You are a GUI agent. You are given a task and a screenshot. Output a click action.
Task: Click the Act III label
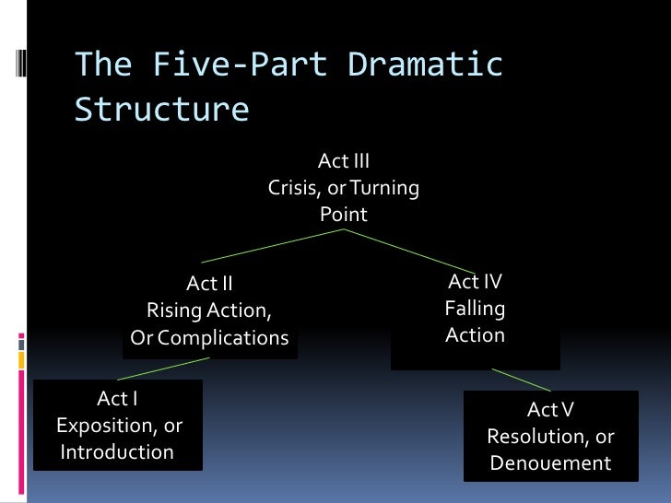point(344,161)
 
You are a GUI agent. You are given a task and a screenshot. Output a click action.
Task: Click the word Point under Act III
point(344,215)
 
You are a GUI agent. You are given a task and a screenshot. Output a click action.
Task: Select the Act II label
point(210,284)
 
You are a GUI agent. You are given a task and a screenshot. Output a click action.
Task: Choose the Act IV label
point(475,282)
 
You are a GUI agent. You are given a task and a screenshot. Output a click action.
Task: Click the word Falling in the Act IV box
point(475,309)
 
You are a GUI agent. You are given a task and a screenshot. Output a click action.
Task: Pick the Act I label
point(118,399)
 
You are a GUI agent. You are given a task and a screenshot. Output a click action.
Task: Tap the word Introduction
point(117,452)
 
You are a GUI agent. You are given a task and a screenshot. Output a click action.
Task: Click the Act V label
point(550,409)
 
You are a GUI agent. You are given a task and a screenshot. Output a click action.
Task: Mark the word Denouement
point(550,463)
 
